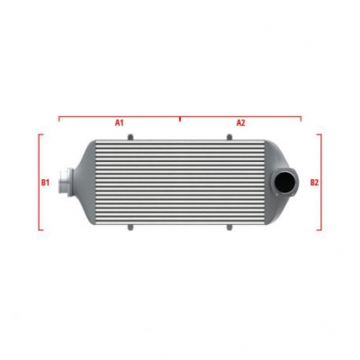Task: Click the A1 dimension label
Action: coord(119,121)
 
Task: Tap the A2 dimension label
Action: coord(240,121)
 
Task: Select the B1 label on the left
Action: coord(45,182)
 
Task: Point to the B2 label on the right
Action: coord(314,182)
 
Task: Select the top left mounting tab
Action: coord(130,137)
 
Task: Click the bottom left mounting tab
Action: coord(130,229)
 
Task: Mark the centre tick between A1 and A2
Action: coord(180,116)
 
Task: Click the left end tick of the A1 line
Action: coord(59,117)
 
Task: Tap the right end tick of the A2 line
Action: coord(301,117)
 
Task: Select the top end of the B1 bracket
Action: coord(40,135)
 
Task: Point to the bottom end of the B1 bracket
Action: coord(40,229)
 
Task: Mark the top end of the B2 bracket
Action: coord(319,135)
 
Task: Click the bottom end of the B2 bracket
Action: coord(319,229)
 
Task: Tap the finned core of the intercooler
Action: coord(180,184)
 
